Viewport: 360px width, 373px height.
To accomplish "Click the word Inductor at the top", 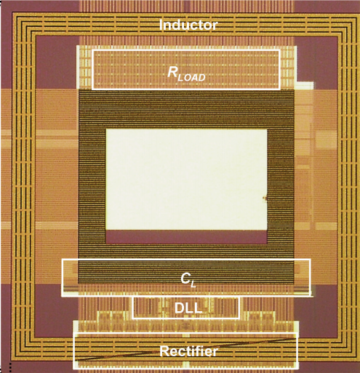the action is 188,25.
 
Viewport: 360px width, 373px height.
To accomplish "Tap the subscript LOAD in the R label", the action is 192,78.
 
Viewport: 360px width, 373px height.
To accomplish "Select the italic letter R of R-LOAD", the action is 173,72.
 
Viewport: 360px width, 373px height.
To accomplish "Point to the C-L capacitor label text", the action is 188,280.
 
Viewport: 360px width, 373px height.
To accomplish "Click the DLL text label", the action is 188,308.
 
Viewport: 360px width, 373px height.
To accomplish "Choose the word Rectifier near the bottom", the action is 188,351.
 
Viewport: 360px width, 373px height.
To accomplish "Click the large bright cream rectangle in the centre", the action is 186,180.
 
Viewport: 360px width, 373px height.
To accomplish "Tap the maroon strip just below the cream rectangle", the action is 186,237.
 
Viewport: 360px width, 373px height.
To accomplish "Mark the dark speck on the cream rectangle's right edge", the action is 265,198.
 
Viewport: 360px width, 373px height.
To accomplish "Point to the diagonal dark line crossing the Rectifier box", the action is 185,350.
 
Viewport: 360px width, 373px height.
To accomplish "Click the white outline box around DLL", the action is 133,308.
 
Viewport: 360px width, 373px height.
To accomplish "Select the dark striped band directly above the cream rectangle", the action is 186,109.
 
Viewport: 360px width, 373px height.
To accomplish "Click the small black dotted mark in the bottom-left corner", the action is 9,368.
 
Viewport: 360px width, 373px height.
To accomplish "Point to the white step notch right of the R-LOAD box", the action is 305,84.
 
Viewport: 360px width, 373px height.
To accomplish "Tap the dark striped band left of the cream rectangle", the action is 92,187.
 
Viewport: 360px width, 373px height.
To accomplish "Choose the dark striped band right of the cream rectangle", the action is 281,187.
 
